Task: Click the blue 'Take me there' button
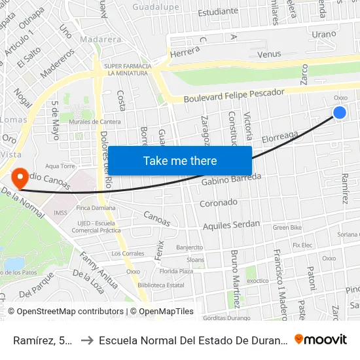pyautogui.click(x=180, y=161)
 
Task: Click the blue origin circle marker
pyautogui.click(x=340, y=113)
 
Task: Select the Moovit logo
pyautogui.click(x=321, y=340)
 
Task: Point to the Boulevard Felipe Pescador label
pyautogui.click(x=236, y=96)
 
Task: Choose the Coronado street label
pyautogui.click(x=219, y=203)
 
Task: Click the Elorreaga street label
pyautogui.click(x=280, y=137)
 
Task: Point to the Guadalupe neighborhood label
pyautogui.click(x=156, y=7)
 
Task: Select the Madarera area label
pyautogui.click(x=100, y=39)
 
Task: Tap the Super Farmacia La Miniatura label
pyautogui.click(x=128, y=69)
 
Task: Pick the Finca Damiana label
pyautogui.click(x=92, y=207)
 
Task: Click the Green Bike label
pyautogui.click(x=287, y=228)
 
